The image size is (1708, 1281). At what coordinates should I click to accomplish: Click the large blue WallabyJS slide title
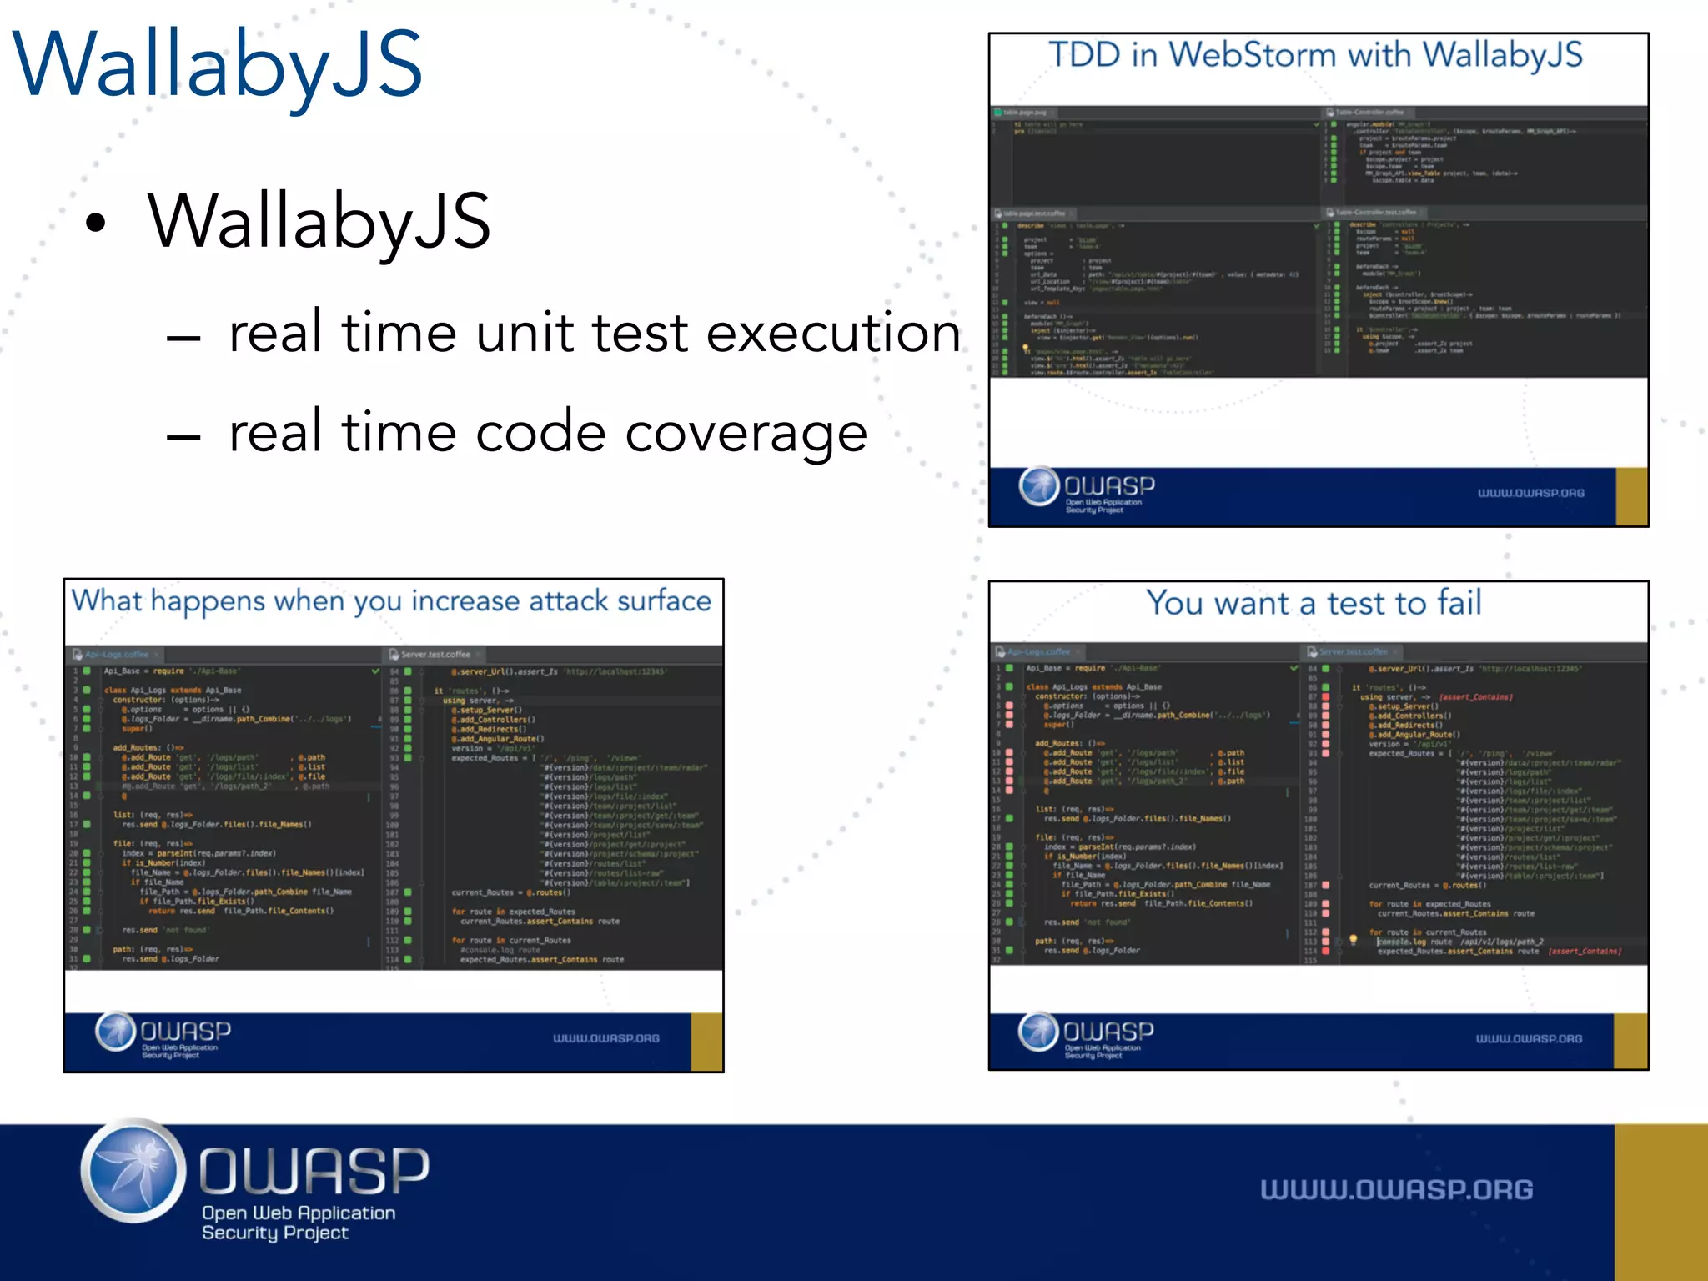point(219,65)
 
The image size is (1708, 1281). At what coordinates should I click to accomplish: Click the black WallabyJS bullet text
point(319,221)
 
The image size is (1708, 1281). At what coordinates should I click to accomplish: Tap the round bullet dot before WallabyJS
point(97,223)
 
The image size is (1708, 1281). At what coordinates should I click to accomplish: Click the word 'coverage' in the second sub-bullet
point(746,433)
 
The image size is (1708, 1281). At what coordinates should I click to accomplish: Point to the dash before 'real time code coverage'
point(183,436)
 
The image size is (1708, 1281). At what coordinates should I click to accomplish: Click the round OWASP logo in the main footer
point(133,1171)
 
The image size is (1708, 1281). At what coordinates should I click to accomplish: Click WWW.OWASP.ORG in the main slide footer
point(1396,1189)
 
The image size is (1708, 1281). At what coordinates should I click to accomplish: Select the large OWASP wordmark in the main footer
point(314,1170)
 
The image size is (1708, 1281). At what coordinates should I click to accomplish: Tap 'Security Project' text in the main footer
point(274,1233)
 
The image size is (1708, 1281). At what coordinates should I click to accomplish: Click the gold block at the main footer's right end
point(1660,1202)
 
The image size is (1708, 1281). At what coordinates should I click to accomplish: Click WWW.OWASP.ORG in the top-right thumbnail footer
point(1530,493)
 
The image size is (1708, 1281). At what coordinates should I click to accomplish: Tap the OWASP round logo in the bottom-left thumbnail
point(115,1032)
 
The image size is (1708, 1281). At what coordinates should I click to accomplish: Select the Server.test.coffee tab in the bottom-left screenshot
point(434,654)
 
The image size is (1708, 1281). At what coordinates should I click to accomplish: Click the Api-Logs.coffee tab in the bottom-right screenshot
point(1037,651)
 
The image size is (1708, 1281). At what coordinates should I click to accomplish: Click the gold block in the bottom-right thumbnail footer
point(1630,1041)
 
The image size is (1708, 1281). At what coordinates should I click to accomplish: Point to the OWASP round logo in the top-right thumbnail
point(1038,486)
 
